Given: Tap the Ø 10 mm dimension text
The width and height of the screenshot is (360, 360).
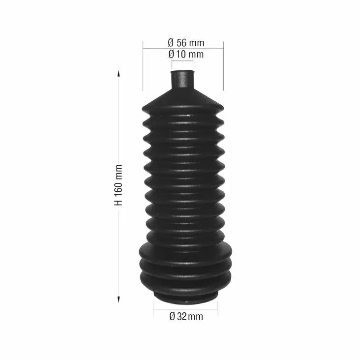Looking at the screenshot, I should tap(185, 54).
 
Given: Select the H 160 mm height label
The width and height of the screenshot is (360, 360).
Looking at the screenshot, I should tap(119, 185).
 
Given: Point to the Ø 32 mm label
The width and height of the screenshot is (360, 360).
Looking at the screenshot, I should tap(186, 316).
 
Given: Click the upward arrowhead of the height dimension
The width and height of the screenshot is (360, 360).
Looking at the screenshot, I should tap(119, 73).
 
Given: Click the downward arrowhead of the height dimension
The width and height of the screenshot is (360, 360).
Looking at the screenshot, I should tap(119, 299).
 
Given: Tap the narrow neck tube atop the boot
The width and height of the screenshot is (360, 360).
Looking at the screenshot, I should tap(182, 80).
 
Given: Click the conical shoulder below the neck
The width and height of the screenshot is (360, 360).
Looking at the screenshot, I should tap(182, 97).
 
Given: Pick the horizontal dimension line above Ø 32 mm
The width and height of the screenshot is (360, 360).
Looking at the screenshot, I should tap(185, 309).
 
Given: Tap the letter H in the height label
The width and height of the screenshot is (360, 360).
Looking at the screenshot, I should tap(119, 202).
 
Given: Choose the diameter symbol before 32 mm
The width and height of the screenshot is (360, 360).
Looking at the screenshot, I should tap(172, 316).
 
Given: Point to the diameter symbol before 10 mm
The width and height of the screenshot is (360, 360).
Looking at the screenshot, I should tap(171, 54).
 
